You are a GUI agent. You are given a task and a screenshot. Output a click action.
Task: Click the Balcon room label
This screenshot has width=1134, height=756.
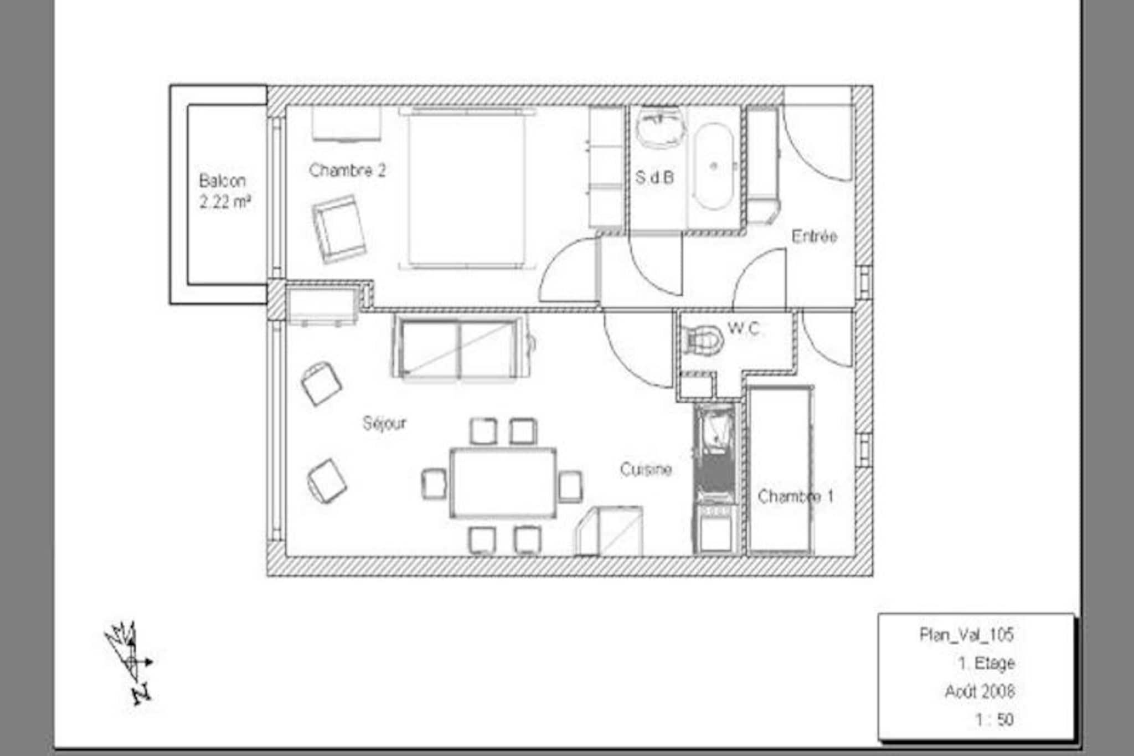(222, 181)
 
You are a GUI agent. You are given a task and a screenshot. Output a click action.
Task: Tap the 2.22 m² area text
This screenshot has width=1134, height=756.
(225, 202)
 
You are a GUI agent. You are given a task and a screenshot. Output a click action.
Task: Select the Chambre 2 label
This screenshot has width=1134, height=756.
(347, 170)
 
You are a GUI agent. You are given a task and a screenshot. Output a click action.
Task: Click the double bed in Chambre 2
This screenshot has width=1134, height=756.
(467, 189)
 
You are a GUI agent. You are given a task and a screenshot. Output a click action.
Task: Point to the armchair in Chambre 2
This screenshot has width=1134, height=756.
(339, 228)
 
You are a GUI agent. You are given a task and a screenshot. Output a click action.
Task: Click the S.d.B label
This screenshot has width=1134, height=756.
(654, 177)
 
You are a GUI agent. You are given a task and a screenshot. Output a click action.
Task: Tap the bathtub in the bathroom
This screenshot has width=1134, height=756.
(714, 166)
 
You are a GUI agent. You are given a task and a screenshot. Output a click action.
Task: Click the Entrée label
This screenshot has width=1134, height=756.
(814, 236)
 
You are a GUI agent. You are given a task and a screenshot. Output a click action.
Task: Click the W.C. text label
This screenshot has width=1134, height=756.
(744, 328)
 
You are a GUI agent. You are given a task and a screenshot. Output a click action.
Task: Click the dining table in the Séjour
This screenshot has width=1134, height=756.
(503, 483)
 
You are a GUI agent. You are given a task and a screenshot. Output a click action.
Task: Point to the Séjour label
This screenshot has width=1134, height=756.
(384, 423)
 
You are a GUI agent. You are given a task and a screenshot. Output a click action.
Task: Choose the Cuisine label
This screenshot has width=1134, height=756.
(646, 470)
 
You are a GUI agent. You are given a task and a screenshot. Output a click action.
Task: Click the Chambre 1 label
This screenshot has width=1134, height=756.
(795, 496)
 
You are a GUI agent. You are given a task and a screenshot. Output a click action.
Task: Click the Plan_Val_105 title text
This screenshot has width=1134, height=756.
(966, 634)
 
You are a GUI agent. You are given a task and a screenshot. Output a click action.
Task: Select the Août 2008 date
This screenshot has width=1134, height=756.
(980, 691)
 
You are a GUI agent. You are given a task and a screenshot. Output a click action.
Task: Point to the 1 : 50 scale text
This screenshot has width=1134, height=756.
(994, 719)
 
